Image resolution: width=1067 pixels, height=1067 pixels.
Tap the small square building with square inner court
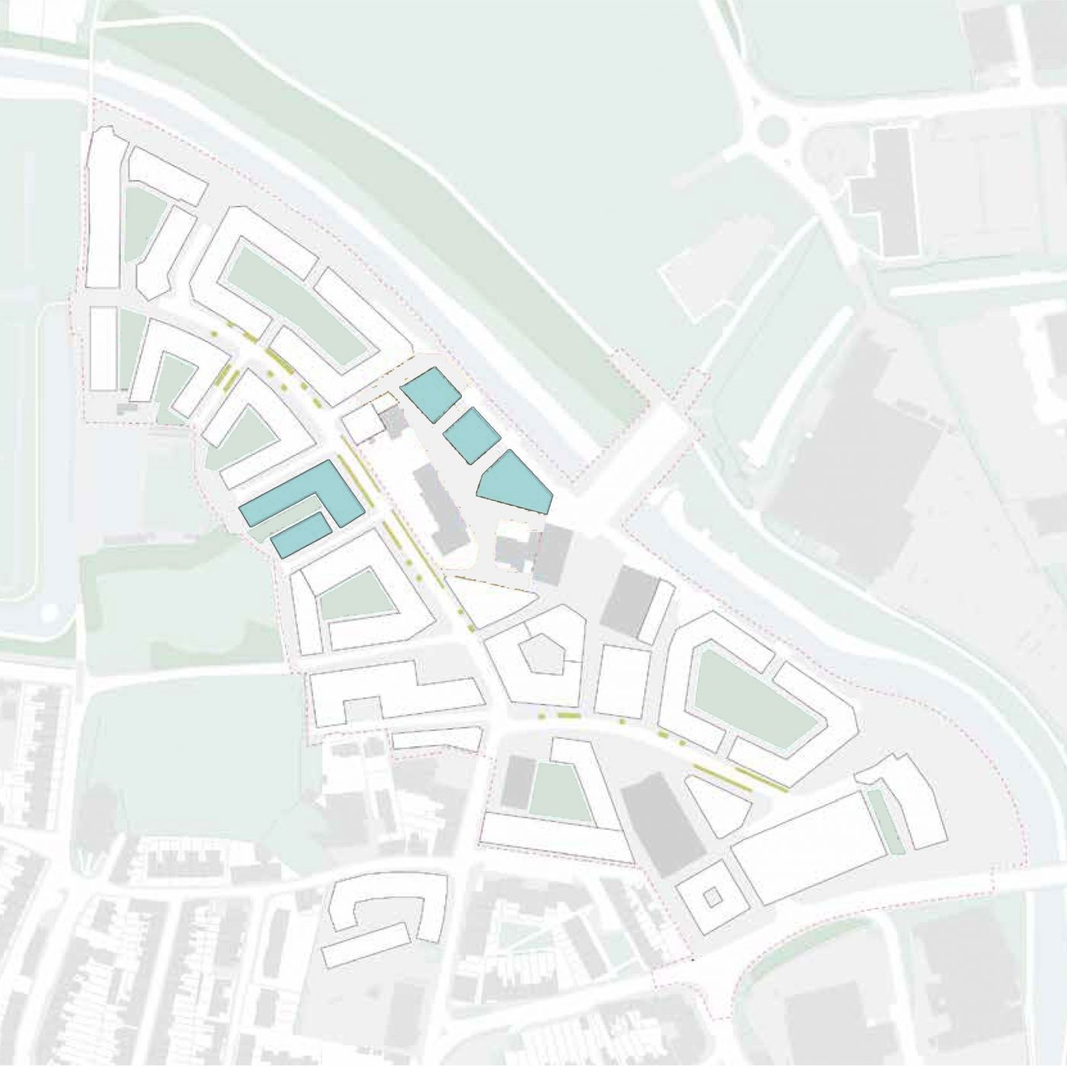click(x=712, y=898)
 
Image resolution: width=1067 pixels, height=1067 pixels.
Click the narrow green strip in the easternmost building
click(x=886, y=822)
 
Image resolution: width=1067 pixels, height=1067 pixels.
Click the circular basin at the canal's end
click(x=50, y=610)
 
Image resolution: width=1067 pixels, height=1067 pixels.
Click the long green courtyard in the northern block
click(x=297, y=301)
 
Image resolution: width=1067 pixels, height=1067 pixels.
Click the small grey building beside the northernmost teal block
click(x=393, y=421)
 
